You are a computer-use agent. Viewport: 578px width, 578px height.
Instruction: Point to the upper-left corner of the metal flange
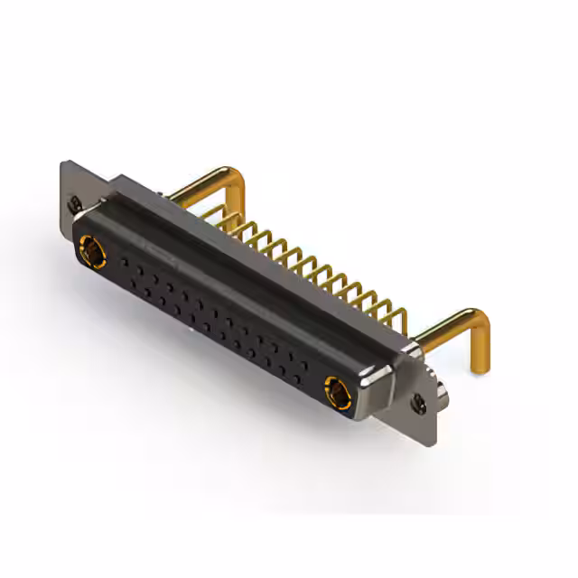click(62, 164)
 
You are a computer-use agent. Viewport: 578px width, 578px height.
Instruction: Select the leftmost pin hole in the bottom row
click(135, 284)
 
